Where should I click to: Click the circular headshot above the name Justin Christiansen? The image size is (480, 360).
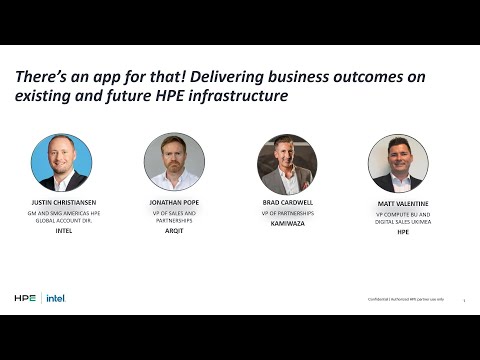pyautogui.click(x=61, y=162)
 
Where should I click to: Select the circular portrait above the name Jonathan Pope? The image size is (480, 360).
pyautogui.click(x=174, y=162)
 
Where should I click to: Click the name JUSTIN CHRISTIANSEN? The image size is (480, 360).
pyautogui.click(x=62, y=202)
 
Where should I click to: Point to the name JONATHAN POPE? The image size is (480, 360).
pyautogui.click(x=174, y=202)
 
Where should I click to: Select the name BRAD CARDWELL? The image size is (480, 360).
pyautogui.click(x=287, y=202)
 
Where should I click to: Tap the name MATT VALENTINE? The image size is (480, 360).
pyautogui.click(x=403, y=202)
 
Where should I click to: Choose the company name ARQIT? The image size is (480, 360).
pyautogui.click(x=174, y=232)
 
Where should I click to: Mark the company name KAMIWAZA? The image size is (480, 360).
pyautogui.click(x=287, y=223)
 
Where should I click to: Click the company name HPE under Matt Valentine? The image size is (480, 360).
pyautogui.click(x=403, y=232)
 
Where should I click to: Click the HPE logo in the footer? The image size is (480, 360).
pyautogui.click(x=25, y=298)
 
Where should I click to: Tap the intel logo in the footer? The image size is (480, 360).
pyautogui.click(x=56, y=298)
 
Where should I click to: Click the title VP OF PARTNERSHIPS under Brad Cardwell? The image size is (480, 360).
pyautogui.click(x=287, y=213)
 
